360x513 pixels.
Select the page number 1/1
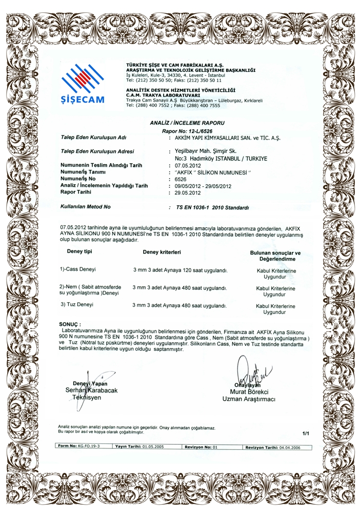pos(306,433)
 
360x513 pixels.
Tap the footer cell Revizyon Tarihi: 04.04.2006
pos(272,447)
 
